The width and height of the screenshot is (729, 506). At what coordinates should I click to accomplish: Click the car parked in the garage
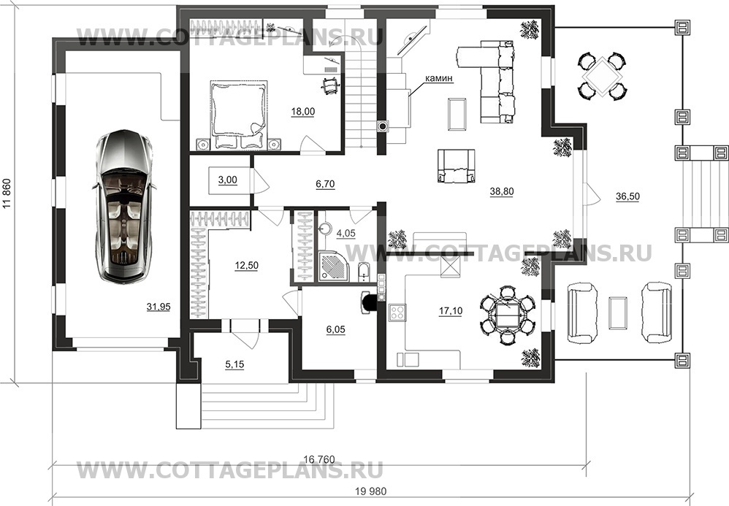(123, 206)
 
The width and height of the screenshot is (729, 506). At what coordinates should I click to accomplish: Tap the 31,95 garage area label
(159, 307)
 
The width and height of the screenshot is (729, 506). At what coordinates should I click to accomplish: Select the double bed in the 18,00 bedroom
(239, 115)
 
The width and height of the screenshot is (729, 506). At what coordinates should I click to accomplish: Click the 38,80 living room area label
(502, 191)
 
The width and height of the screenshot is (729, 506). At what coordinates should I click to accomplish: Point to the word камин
(438, 79)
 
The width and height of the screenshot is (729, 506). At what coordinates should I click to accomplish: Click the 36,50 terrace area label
(627, 196)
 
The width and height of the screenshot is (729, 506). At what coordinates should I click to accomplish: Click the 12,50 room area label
(246, 265)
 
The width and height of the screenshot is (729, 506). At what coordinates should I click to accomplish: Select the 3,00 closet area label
(227, 180)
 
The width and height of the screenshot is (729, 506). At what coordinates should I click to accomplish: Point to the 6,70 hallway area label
(325, 184)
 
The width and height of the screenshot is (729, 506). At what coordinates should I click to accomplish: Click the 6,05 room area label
(336, 329)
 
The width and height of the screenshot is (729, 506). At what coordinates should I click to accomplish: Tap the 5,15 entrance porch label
(234, 365)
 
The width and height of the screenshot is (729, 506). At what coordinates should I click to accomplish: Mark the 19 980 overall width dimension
(370, 491)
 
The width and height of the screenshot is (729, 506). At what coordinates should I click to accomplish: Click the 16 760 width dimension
(319, 459)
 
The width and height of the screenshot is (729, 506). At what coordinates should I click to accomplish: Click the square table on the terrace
(602, 76)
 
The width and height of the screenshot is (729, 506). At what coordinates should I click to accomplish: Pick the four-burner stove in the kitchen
(398, 313)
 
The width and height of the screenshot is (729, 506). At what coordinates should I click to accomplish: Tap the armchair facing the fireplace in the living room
(456, 166)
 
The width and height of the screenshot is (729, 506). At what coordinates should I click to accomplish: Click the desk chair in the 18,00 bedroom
(331, 85)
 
